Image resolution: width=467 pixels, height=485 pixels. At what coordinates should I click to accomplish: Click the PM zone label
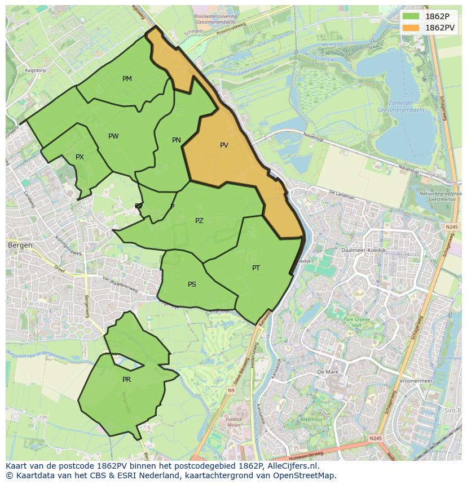click(x=127, y=79)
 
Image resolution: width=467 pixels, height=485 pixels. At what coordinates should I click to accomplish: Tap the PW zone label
click(x=113, y=136)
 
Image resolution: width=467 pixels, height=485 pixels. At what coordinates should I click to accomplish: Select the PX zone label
click(x=80, y=157)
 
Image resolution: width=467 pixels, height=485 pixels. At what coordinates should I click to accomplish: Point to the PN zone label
click(x=177, y=140)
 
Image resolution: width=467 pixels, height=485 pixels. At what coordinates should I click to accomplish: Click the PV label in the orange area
click(x=224, y=145)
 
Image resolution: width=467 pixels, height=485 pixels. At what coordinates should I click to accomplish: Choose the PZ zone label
click(x=199, y=221)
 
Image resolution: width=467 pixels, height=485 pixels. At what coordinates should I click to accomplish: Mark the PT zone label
click(x=256, y=268)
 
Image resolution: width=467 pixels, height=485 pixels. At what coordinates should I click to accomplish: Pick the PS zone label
click(x=192, y=284)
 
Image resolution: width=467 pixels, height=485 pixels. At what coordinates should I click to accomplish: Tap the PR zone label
click(x=126, y=380)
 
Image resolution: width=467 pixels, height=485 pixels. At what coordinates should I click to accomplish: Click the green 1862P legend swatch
click(x=411, y=16)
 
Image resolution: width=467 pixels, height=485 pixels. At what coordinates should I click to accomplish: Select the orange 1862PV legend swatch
click(x=411, y=28)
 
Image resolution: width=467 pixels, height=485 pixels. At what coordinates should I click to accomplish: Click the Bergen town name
click(x=20, y=246)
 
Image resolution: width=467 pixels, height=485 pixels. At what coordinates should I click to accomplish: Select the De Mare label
click(x=327, y=372)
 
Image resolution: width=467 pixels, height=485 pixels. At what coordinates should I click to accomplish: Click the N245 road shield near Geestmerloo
click(x=451, y=226)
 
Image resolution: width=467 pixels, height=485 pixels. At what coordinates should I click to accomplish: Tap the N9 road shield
click(x=231, y=390)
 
